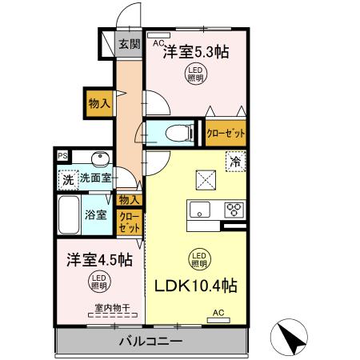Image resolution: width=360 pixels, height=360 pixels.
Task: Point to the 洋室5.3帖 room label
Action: click(x=196, y=53)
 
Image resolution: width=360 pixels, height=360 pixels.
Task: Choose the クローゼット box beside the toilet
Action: click(x=226, y=132)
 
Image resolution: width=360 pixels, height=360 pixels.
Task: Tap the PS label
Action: click(x=62, y=156)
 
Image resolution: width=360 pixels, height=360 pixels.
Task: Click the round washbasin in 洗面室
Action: click(x=99, y=158)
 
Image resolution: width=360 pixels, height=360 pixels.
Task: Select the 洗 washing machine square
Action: click(x=67, y=181)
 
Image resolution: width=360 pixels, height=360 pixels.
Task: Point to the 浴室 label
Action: click(x=95, y=214)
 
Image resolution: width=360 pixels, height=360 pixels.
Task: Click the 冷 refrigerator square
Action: click(x=234, y=162)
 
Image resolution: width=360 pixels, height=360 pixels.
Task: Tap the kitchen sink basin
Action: click(x=198, y=210)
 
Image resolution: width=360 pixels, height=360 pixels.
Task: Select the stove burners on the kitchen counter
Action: click(x=234, y=210)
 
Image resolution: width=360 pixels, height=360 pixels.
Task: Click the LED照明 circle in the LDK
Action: click(x=198, y=259)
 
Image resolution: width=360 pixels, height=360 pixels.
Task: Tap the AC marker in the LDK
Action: click(x=218, y=315)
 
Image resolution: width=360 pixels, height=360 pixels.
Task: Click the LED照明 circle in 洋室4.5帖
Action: click(x=99, y=281)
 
